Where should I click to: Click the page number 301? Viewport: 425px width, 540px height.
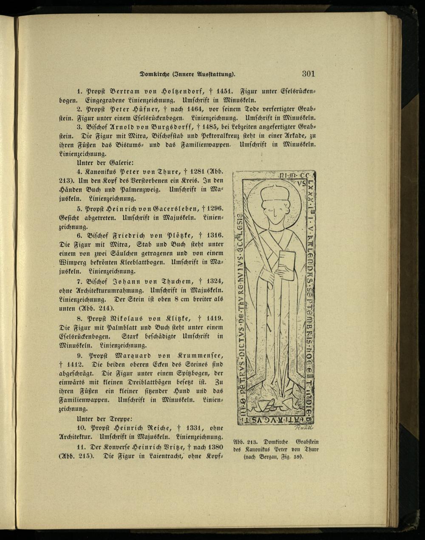[308, 73]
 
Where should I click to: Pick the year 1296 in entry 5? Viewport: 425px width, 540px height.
[215, 208]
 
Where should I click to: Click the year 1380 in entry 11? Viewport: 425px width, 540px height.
[215, 447]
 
